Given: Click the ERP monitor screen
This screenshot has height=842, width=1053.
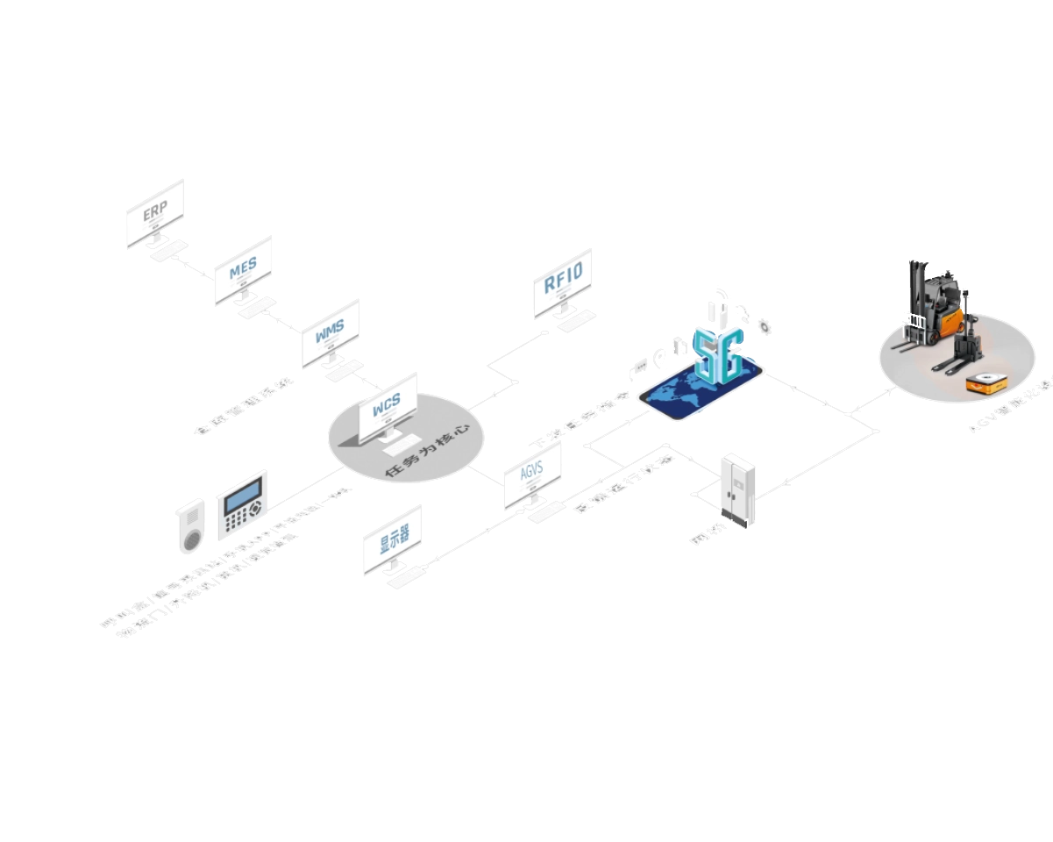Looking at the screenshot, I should point(156,211).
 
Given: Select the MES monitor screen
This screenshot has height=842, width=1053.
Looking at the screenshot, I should point(243,268).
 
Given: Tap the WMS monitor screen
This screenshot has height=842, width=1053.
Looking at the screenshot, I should point(331,331).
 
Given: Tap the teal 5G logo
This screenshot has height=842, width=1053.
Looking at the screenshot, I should point(719,352).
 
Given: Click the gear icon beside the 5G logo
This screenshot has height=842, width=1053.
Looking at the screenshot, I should point(765,325).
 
